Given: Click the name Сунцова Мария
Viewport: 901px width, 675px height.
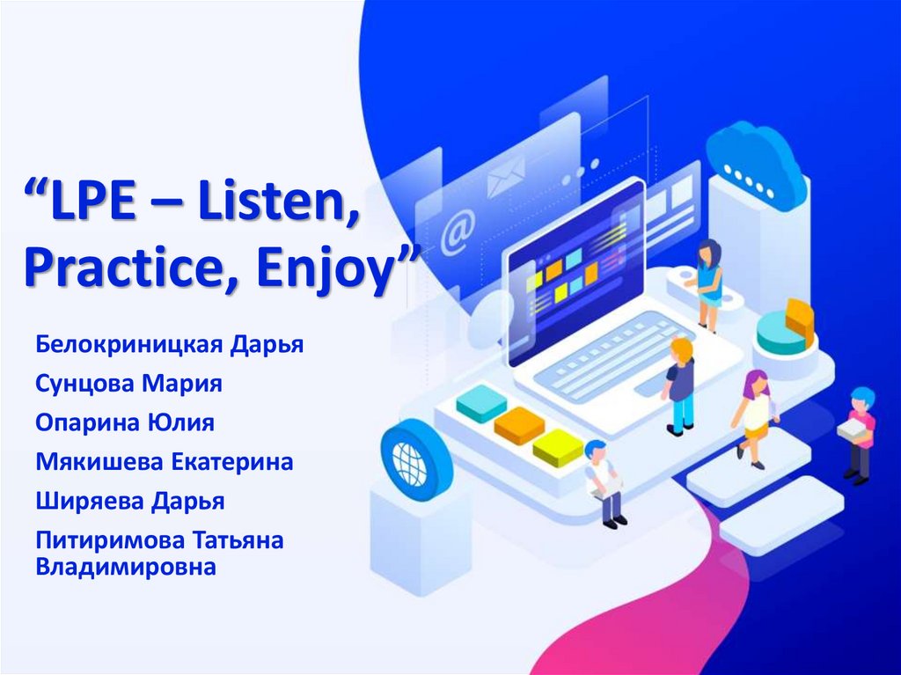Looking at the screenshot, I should (x=128, y=384).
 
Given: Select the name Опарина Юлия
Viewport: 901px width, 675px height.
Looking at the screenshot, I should (x=125, y=422).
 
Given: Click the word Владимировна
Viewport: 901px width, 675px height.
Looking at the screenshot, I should (x=126, y=567).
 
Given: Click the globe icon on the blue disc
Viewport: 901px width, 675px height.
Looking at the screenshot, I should (x=409, y=459).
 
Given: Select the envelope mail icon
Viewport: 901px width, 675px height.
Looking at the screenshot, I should (x=505, y=175).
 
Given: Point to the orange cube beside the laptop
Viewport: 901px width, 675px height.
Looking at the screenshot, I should (x=519, y=424).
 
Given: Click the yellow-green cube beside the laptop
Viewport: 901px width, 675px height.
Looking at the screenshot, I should (x=558, y=446).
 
